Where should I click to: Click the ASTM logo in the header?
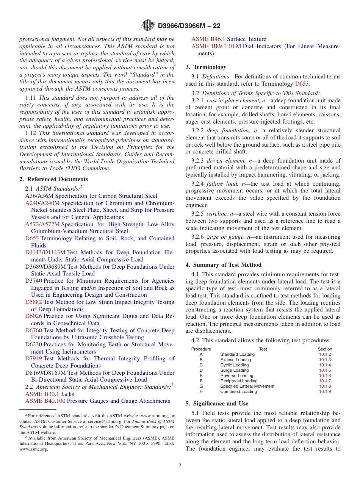[x=148, y=25]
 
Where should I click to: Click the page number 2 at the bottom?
[x=180, y=466]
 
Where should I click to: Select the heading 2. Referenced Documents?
[x=54, y=179]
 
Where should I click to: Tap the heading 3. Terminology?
[x=206, y=67]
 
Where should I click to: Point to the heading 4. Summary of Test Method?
[x=223, y=265]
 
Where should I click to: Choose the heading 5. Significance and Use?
[x=217, y=404]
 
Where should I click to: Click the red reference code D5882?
[x=34, y=302]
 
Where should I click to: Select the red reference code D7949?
[x=34, y=358]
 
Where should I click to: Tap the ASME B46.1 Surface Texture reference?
[x=229, y=39]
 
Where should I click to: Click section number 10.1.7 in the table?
[x=325, y=381]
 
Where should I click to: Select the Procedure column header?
[x=201, y=349]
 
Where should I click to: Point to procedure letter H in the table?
[x=201, y=391]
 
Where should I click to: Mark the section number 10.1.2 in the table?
[x=325, y=354]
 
